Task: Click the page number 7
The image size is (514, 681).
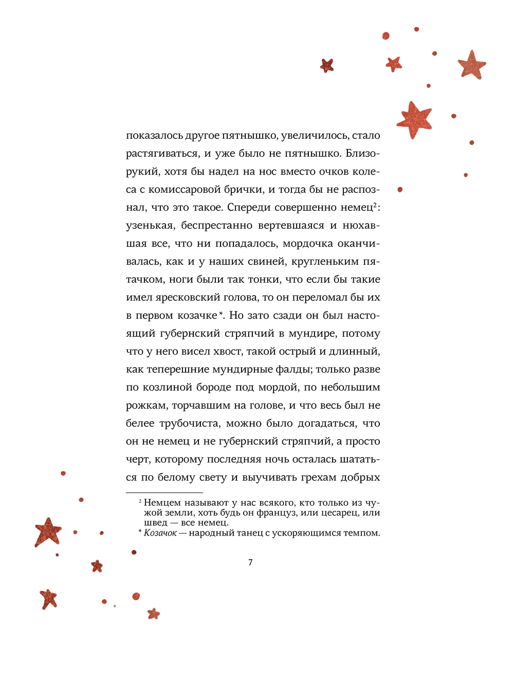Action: coord(250,562)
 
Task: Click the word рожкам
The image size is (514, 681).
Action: coord(146,406)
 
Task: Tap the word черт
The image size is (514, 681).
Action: coord(138,459)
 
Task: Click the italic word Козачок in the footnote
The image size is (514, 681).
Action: coord(160,533)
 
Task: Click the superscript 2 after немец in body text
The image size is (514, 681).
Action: coord(375,205)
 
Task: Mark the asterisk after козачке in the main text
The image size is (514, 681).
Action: coord(221,313)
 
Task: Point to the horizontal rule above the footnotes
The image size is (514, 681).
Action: coord(164,492)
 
